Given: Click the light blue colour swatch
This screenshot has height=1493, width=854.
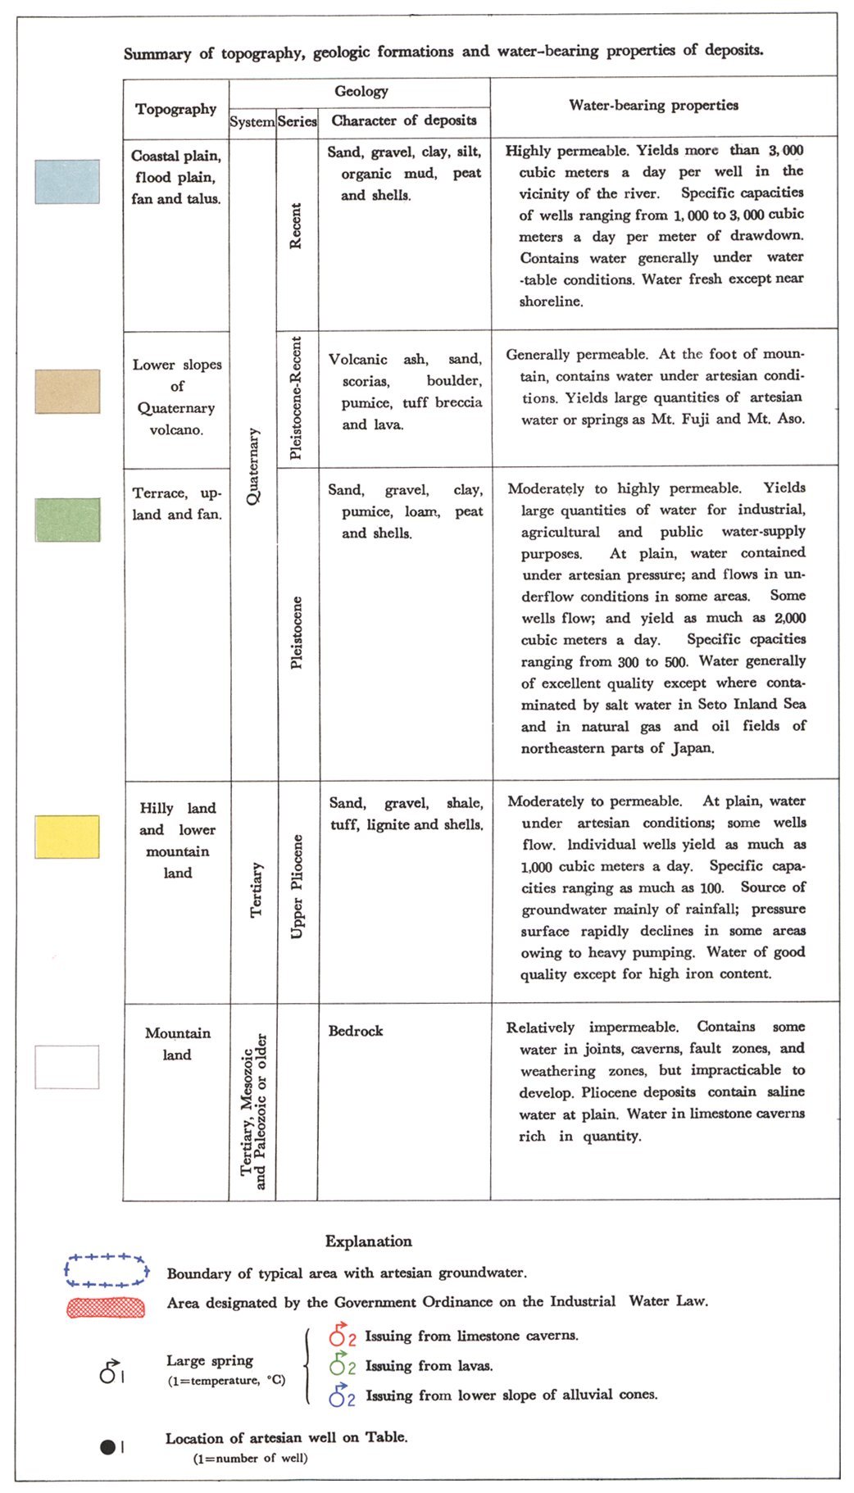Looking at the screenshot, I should point(67,182).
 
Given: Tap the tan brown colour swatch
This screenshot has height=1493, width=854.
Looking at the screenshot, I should point(67,391).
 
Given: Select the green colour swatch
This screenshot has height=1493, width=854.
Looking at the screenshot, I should point(67,520).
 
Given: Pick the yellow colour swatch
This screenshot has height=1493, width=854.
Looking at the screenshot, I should point(67,837).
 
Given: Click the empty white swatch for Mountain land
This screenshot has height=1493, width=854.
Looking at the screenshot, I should point(67,1067).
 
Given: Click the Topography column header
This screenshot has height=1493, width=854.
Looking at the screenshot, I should point(176,109).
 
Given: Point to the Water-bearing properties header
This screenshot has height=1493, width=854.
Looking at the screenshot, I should point(653,105).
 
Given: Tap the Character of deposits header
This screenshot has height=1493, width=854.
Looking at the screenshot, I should point(404,120).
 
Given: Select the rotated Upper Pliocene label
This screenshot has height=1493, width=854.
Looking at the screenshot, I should point(297,886).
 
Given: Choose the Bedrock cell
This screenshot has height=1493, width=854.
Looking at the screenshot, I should point(356,1031).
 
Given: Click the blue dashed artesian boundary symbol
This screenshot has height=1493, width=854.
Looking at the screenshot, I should point(107,1270).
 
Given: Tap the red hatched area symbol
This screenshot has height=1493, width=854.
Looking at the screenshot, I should point(106,1307).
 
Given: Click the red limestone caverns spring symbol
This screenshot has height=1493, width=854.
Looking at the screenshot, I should point(338,1336).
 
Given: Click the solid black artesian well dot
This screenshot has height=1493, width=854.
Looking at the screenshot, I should point(107,1447).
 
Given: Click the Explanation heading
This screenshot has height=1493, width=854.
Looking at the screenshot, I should point(368,1241).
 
